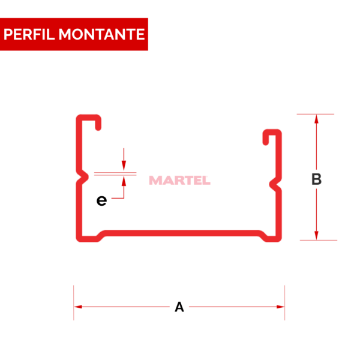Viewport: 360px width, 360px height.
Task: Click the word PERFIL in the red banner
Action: pos(29,34)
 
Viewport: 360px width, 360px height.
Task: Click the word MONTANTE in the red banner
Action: pos(102,34)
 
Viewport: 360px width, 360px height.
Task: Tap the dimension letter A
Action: pos(179,307)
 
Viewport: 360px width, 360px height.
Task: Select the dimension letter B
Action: pos(316,179)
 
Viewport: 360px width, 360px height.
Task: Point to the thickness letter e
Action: pos(101,200)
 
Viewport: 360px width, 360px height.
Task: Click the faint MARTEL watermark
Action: pos(179,180)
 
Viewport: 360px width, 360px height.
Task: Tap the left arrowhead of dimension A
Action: pos(78,307)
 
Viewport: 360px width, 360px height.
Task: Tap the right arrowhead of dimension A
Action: pos(281,307)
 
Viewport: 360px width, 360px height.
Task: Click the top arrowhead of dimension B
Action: pos(316,119)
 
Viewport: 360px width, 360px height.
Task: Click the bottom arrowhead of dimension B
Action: pos(316,236)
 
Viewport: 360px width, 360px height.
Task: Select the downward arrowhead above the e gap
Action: pos(124,166)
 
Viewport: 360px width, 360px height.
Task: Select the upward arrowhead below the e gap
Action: pos(124,181)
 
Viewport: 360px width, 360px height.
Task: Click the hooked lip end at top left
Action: pos(98,128)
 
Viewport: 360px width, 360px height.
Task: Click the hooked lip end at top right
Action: pos(266,142)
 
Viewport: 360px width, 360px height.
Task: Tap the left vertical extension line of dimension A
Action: pos(73,302)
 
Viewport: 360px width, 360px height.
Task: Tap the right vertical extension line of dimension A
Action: pos(284,302)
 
